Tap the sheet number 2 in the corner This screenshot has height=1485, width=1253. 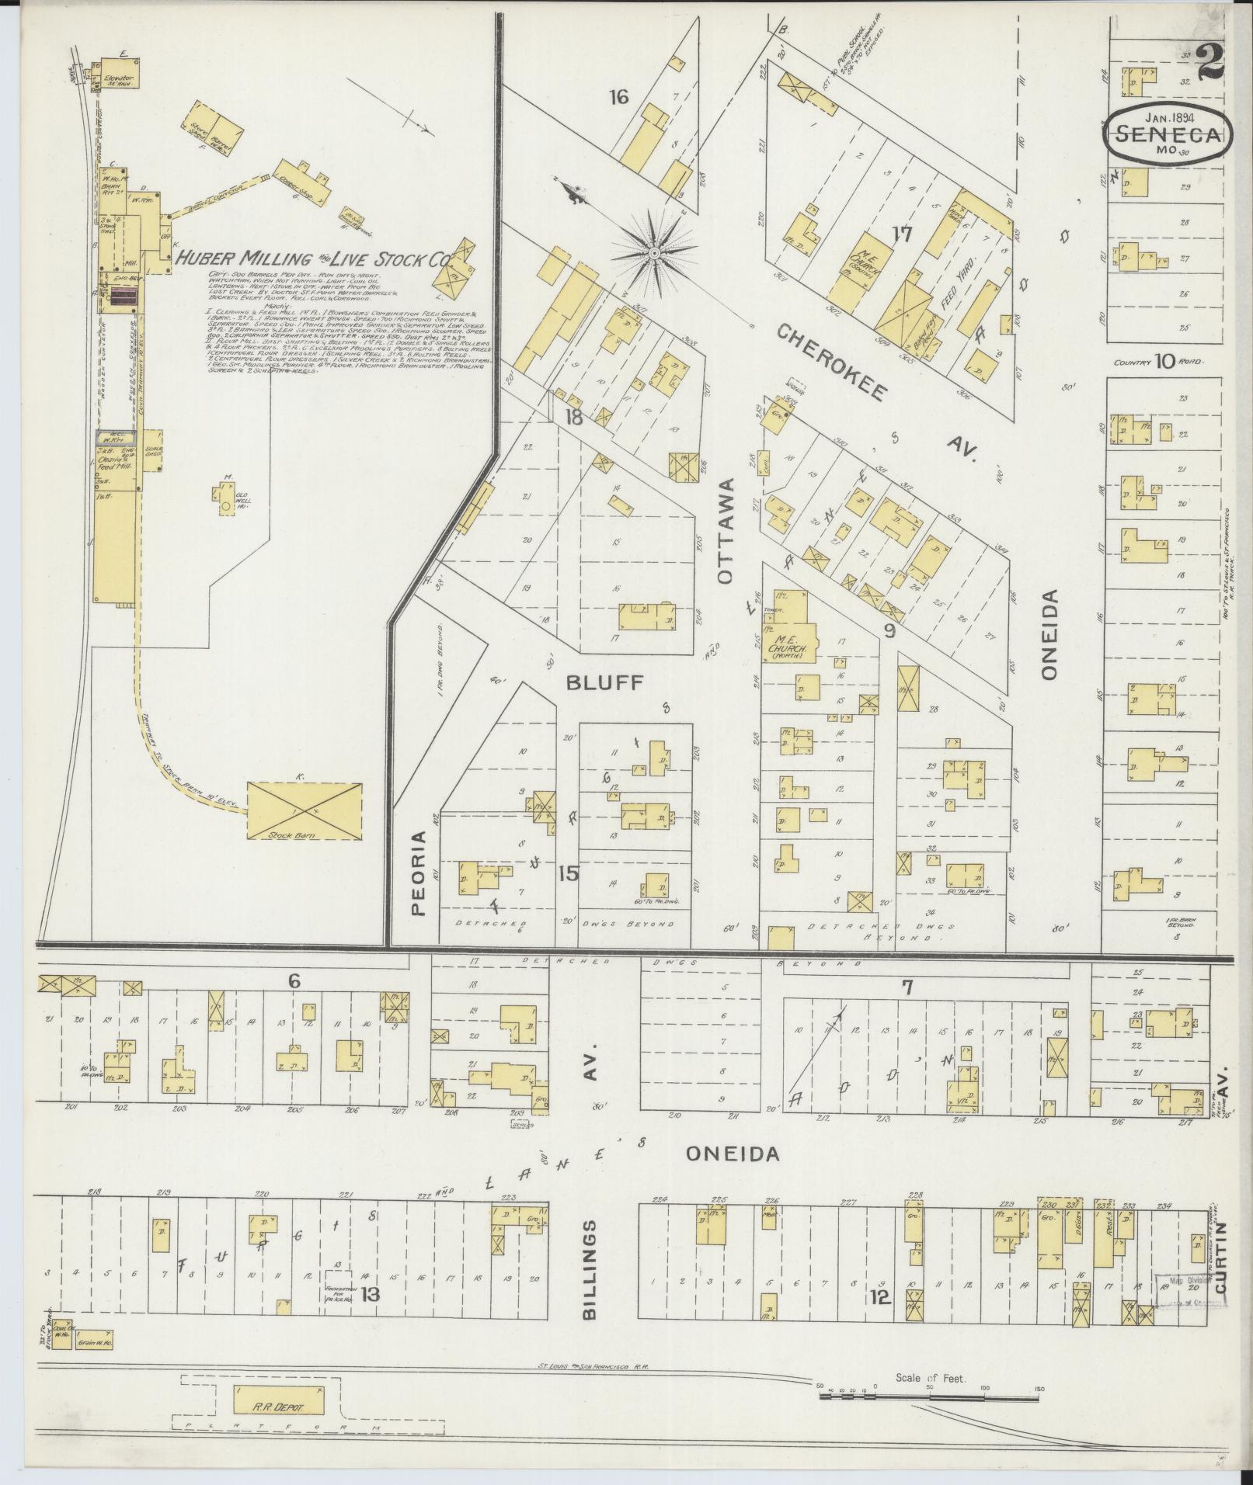click(x=1212, y=61)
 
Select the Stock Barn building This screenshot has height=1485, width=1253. click(x=305, y=810)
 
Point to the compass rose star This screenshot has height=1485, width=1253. click(x=654, y=252)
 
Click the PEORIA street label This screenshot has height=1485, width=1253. click(x=420, y=873)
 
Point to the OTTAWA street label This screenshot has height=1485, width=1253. click(x=726, y=530)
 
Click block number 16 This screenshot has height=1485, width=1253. click(x=618, y=97)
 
